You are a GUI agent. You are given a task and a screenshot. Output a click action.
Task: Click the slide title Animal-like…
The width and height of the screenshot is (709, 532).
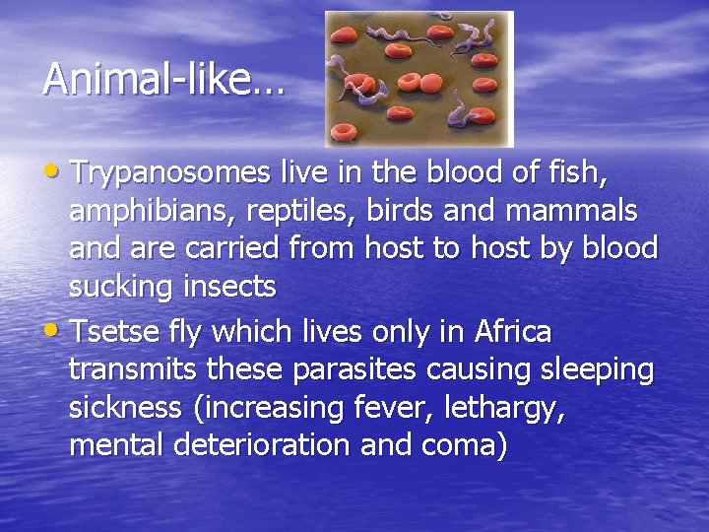[162, 79]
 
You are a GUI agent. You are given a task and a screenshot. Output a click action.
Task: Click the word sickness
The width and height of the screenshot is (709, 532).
[125, 406]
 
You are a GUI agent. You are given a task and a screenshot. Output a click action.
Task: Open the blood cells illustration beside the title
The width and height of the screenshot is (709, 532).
[419, 79]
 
